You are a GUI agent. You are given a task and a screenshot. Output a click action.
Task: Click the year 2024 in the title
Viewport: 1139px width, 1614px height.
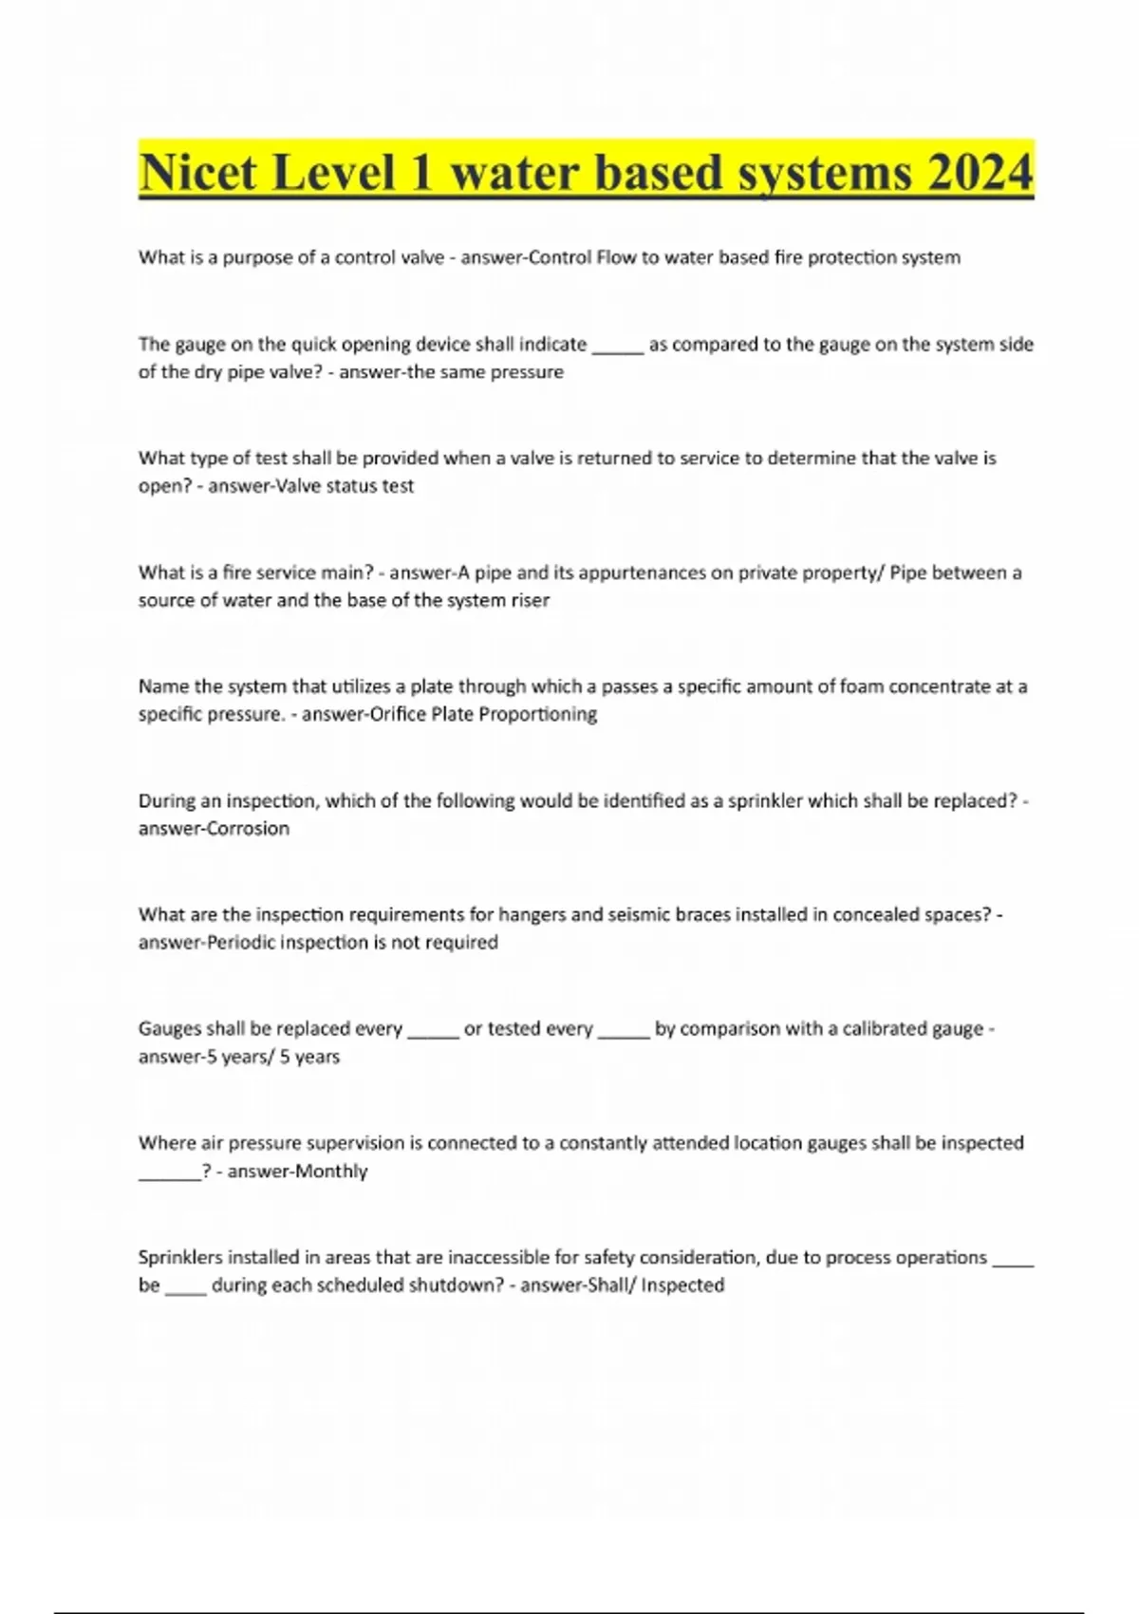click(980, 173)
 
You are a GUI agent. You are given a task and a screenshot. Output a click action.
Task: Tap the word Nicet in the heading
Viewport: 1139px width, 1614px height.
click(197, 173)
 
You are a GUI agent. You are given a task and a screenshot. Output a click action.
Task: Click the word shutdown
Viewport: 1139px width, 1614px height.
click(449, 1285)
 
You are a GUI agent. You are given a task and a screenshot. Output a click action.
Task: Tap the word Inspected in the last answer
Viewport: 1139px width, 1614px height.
click(682, 1285)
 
